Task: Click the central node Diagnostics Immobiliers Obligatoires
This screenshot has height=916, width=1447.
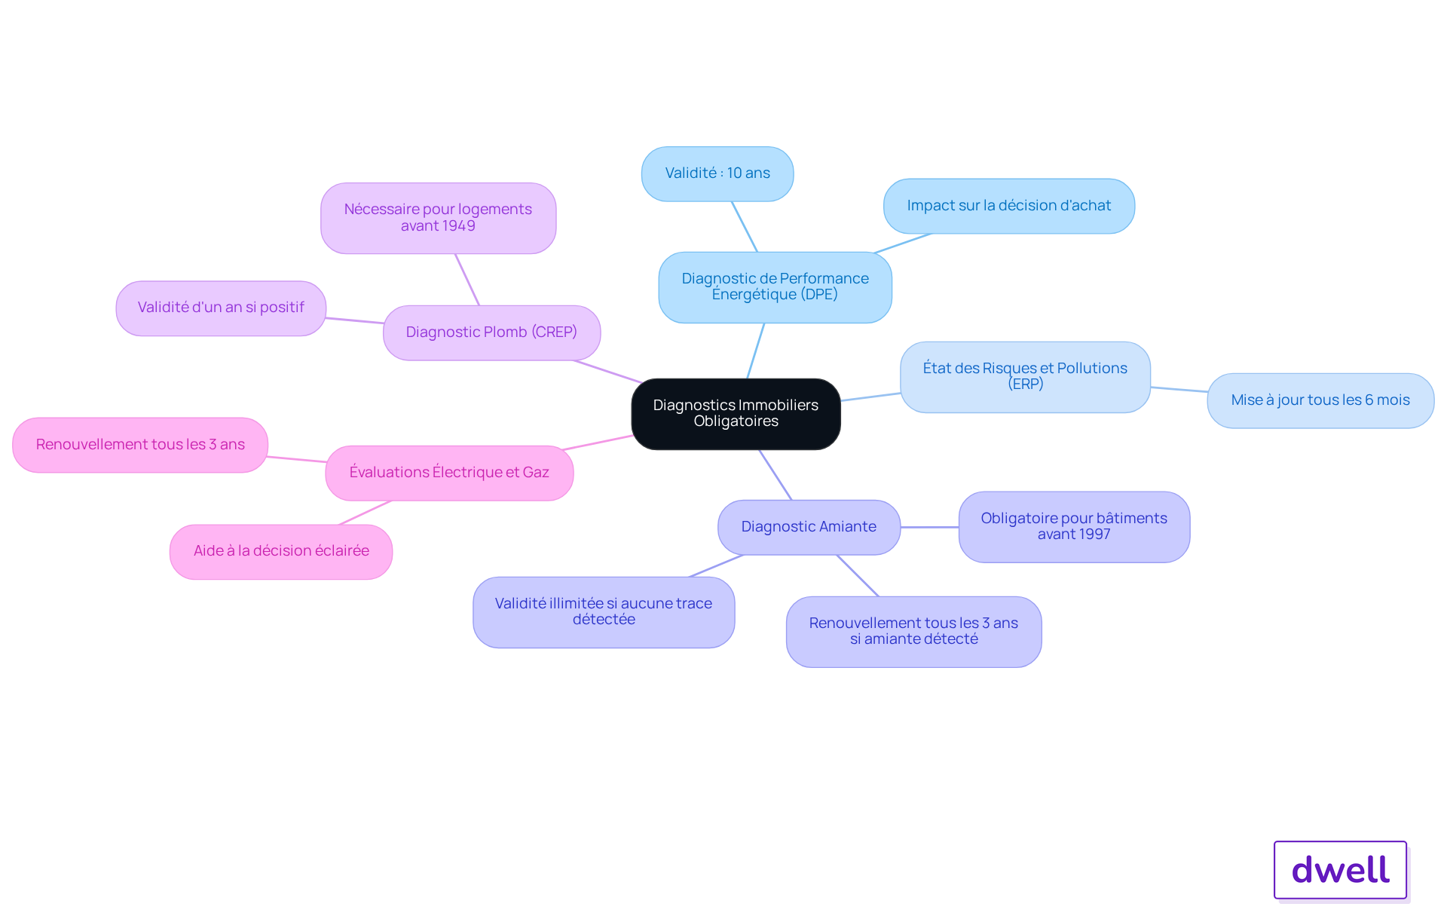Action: point(736,414)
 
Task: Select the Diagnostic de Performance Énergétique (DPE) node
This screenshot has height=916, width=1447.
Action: point(775,287)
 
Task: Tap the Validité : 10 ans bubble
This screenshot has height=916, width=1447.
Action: point(717,174)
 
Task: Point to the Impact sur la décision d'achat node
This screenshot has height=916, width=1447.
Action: point(1008,206)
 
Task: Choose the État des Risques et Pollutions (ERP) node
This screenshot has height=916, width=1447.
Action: point(1025,377)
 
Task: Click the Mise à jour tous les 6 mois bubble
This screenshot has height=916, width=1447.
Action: point(1320,401)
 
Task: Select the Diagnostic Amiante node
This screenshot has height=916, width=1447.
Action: point(809,527)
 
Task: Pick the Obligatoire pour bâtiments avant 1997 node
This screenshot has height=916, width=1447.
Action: point(1074,527)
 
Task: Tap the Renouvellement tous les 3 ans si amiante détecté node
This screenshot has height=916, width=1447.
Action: point(913,632)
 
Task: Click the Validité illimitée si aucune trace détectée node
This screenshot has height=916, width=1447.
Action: point(604,612)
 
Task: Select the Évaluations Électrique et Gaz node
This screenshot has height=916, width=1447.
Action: point(449,473)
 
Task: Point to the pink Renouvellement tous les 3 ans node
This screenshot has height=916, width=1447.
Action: point(140,445)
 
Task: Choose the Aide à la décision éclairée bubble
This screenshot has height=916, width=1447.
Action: point(281,552)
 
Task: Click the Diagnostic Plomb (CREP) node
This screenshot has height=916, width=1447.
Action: point(491,332)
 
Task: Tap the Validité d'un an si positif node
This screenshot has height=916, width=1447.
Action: point(221,308)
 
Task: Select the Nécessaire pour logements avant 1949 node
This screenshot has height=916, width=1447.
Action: point(438,218)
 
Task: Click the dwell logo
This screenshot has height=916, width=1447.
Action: point(1341,870)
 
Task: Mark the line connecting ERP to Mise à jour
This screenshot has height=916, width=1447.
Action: point(1179,389)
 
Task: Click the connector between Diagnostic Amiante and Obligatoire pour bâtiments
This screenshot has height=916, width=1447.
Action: point(929,527)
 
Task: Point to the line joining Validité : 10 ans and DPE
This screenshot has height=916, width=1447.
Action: point(744,226)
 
